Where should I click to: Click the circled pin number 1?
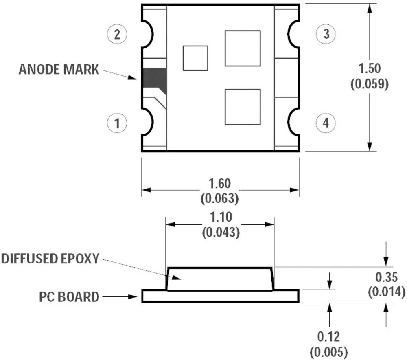117,123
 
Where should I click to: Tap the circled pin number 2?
117,34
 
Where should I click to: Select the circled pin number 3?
326,34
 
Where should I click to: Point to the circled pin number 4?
326,123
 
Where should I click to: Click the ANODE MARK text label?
59,69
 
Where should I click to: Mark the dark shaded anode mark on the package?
154,78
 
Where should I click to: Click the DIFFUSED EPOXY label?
50,258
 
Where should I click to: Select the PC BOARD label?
70,296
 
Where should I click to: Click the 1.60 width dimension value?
219,183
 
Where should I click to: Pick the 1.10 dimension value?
220,217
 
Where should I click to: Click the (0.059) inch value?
369,83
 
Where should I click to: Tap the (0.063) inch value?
219,198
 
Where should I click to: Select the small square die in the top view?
195,58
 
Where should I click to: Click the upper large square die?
243,48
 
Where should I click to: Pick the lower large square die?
243,107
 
